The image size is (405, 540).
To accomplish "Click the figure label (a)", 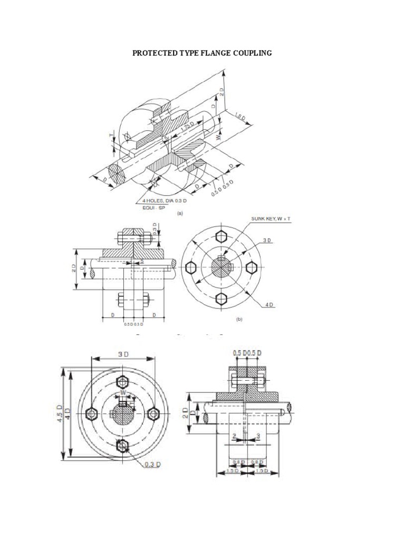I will click(x=180, y=214).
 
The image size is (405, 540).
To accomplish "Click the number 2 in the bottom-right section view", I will click(x=234, y=436).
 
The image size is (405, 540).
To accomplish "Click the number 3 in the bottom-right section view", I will click(x=258, y=436).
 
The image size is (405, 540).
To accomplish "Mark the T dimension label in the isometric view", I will click(x=112, y=135).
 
